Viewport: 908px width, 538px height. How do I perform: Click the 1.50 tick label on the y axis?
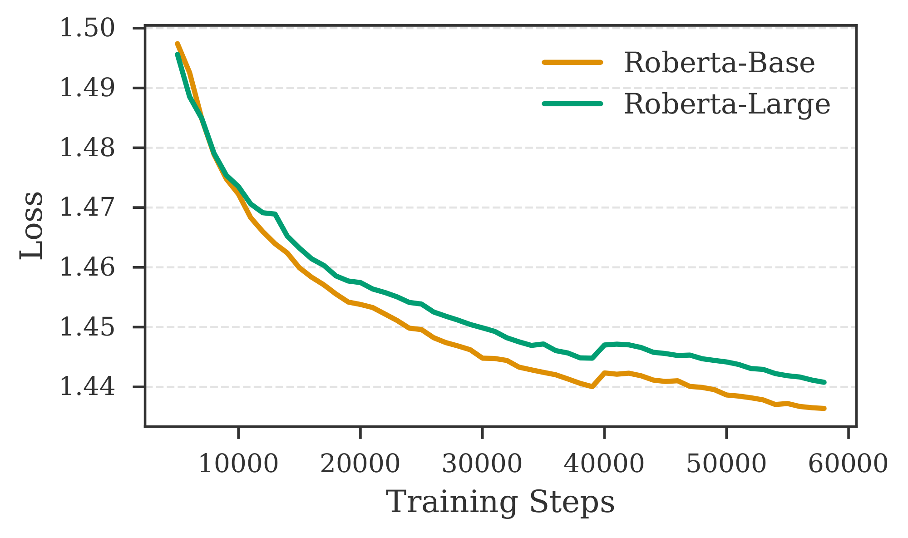pyautogui.click(x=87, y=28)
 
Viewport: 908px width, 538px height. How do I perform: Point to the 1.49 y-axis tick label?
pyautogui.click(x=87, y=88)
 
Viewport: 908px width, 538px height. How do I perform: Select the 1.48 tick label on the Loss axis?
pyautogui.click(x=87, y=148)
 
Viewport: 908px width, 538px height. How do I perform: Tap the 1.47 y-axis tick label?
pyautogui.click(x=87, y=207)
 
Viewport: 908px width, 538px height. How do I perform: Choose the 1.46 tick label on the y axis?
pyautogui.click(x=87, y=267)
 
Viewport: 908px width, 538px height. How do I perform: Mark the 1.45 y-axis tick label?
pyautogui.click(x=87, y=327)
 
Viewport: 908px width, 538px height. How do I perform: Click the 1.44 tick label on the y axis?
pyautogui.click(x=87, y=387)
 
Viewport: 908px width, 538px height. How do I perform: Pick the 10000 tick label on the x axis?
pyautogui.click(x=238, y=464)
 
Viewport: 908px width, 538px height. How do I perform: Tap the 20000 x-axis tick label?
pyautogui.click(x=360, y=464)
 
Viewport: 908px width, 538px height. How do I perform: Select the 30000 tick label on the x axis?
pyautogui.click(x=482, y=464)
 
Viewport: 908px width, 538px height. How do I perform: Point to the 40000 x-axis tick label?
pyautogui.click(x=604, y=464)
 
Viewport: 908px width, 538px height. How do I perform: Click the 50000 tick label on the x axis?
pyautogui.click(x=726, y=464)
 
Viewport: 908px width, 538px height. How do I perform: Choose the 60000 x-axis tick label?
pyautogui.click(x=848, y=464)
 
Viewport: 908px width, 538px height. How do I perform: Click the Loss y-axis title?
pyautogui.click(x=32, y=226)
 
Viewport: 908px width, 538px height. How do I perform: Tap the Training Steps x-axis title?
pyautogui.click(x=500, y=503)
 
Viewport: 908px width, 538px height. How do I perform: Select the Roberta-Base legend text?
pyautogui.click(x=719, y=63)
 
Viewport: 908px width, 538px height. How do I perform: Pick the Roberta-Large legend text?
pyautogui.click(x=727, y=104)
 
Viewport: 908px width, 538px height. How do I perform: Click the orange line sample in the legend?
pyautogui.click(x=572, y=63)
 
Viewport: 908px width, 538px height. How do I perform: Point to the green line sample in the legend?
pyautogui.click(x=572, y=104)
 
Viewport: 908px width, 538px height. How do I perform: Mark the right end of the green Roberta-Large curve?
pyautogui.click(x=824, y=382)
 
